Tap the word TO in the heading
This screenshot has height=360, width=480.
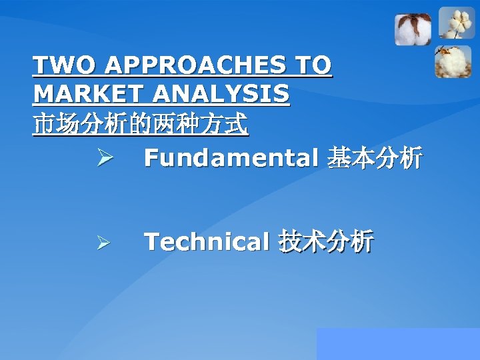click(x=313, y=66)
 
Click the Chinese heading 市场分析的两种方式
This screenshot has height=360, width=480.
click(x=141, y=125)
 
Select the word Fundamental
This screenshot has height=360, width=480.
click(x=230, y=158)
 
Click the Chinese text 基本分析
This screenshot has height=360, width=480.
click(x=373, y=158)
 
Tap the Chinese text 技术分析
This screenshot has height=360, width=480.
click(x=325, y=241)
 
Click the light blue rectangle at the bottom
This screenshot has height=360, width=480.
click(x=398, y=343)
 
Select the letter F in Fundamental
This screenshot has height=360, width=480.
click(x=151, y=158)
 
